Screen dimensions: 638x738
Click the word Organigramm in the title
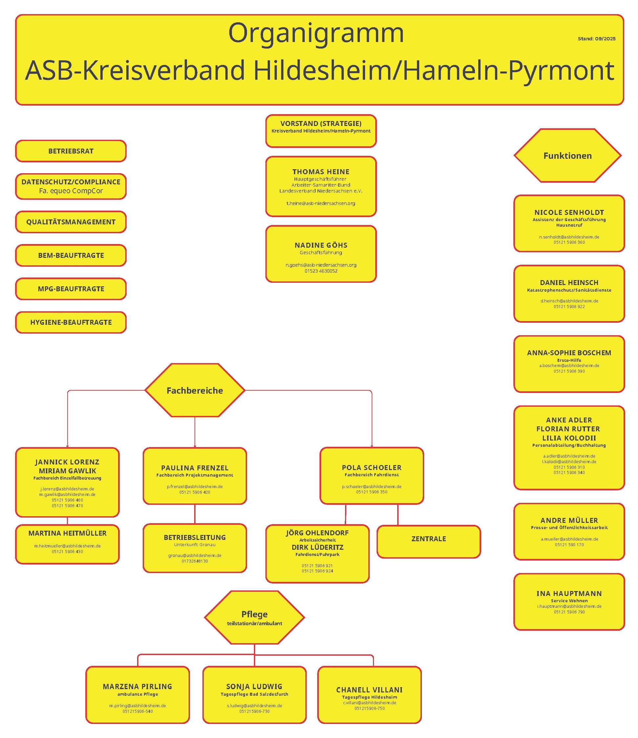click(x=316, y=33)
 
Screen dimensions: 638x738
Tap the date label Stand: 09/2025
click(x=596, y=39)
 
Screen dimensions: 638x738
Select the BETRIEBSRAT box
click(x=71, y=151)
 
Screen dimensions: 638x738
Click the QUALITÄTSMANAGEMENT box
click(x=71, y=222)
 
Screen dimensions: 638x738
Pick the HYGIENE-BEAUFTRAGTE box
click(x=71, y=322)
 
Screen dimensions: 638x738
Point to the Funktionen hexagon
click(x=567, y=156)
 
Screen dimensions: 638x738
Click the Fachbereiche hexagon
click(x=195, y=390)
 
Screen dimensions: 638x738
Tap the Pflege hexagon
click(x=254, y=618)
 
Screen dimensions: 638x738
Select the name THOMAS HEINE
click(x=321, y=172)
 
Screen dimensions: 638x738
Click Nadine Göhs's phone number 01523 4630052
click(x=321, y=271)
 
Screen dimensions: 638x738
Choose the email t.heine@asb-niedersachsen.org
click(x=321, y=203)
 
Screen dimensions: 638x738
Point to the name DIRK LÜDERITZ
click(x=318, y=547)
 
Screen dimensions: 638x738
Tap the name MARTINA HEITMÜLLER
click(x=67, y=533)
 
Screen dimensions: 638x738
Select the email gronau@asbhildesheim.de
click(x=195, y=555)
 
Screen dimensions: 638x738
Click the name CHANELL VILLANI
click(x=369, y=690)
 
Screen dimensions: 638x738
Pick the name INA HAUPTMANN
click(x=569, y=593)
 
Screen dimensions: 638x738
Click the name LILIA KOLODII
click(x=569, y=438)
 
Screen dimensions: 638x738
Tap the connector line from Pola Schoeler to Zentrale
click(x=398, y=515)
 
